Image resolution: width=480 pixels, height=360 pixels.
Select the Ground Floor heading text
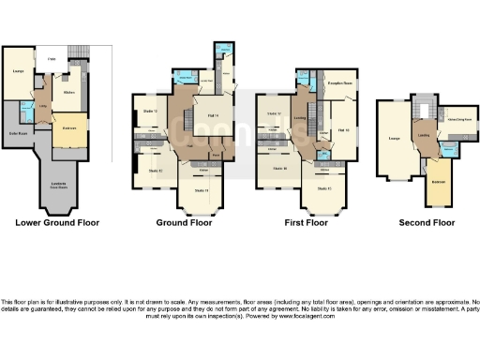(185, 224)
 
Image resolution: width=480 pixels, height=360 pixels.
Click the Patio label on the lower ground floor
(53, 60)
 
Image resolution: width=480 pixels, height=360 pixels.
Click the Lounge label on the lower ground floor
(19, 71)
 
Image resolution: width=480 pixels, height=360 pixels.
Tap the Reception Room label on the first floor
(337, 82)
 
